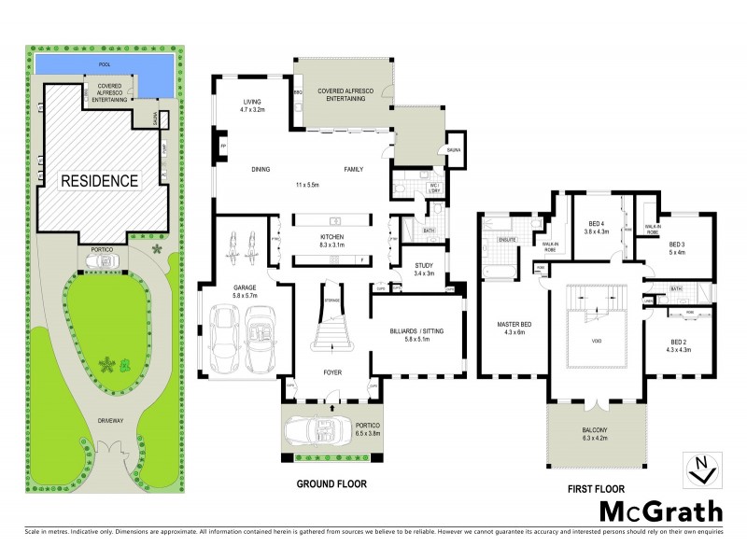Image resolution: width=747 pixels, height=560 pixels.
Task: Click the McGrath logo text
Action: pyautogui.click(x=660, y=511)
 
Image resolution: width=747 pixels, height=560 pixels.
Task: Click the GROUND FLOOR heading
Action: pyautogui.click(x=331, y=484)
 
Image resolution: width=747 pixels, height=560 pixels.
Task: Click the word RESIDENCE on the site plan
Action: pyautogui.click(x=100, y=179)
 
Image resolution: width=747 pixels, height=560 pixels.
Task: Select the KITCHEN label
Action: pyautogui.click(x=333, y=238)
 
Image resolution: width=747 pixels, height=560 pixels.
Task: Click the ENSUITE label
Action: pyautogui.click(x=507, y=240)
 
